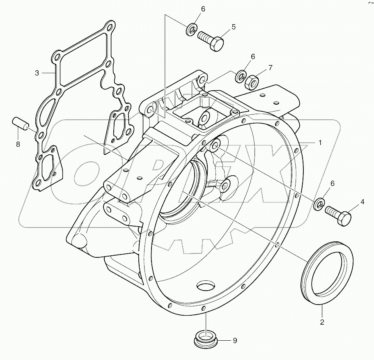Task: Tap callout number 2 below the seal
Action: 322,322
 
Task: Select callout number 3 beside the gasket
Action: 37,73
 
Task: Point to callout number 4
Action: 363,202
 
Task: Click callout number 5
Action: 233,27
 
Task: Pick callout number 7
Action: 270,66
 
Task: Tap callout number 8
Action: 18,144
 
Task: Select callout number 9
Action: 235,340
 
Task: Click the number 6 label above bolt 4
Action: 333,183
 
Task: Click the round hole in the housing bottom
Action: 206,285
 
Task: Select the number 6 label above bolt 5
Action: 203,9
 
